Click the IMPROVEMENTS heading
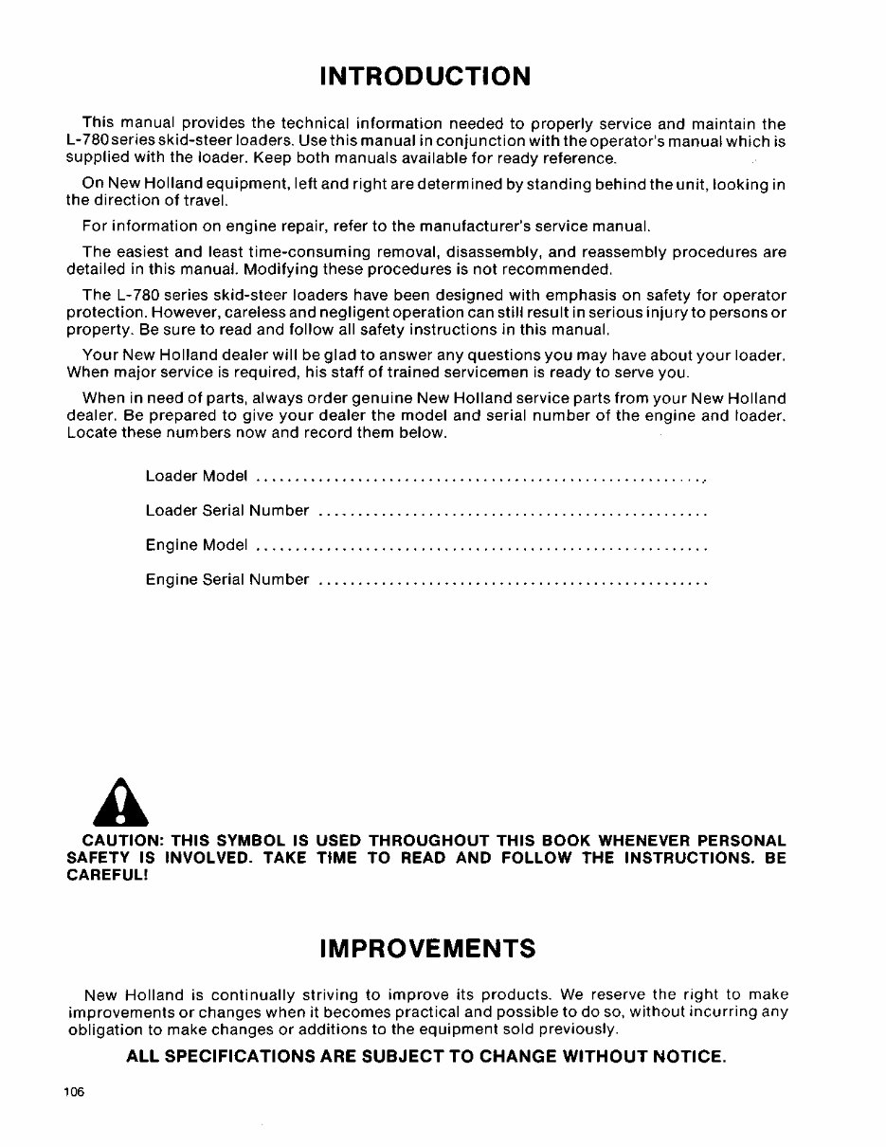coord(428,948)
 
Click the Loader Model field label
coord(196,474)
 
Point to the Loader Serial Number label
coord(227,510)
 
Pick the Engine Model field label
coord(196,545)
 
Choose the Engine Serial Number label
coord(227,579)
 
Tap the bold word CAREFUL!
coord(108,875)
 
